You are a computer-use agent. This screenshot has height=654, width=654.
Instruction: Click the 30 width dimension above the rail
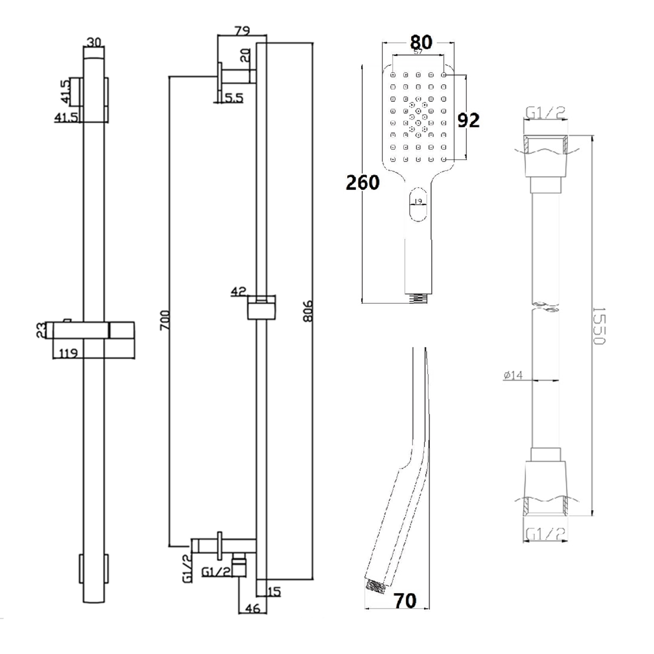tap(94, 43)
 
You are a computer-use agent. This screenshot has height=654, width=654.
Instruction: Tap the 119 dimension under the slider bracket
tap(68, 353)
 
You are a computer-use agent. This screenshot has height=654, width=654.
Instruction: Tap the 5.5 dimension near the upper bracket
tap(233, 98)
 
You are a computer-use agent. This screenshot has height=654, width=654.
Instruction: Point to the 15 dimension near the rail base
tap(274, 592)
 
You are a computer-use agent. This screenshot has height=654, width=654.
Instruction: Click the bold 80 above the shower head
tap(421, 42)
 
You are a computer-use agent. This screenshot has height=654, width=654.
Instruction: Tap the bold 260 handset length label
tap(363, 183)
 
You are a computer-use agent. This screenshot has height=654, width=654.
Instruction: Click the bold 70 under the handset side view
tap(405, 601)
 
